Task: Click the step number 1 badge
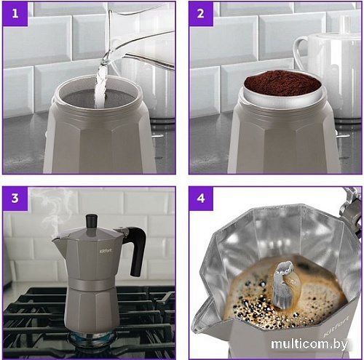point(15,13)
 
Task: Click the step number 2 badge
point(201,13)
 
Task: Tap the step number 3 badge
point(15,198)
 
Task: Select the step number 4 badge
point(201,198)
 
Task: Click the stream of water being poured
point(101,85)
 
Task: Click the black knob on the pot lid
point(92,221)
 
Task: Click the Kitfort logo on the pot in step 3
point(106,250)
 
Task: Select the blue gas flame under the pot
point(92,338)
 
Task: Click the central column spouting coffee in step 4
point(282,285)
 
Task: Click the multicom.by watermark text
point(309,344)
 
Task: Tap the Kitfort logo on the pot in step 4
point(336,327)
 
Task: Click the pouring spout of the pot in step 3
point(58,244)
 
